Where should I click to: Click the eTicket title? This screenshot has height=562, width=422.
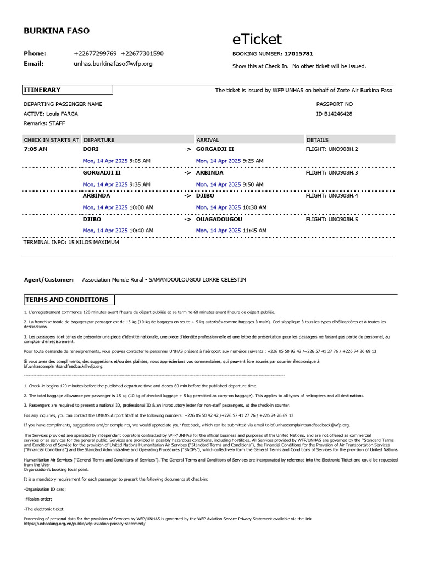pos(257,40)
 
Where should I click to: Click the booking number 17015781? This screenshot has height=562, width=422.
pos(298,54)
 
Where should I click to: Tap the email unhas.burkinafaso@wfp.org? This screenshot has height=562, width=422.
pos(113,64)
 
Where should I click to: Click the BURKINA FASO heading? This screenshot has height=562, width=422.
pos(57,31)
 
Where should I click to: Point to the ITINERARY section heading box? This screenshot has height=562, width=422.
pos(67,90)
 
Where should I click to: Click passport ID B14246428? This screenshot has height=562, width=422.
pos(334,114)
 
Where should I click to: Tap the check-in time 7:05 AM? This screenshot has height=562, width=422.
pos(36,149)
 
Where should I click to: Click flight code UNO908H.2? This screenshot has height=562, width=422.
pos(331,149)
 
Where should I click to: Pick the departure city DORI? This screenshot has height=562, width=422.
pos(90,149)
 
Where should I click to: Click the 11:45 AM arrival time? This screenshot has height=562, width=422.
pos(253,231)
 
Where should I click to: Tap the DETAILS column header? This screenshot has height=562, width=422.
pos(318,140)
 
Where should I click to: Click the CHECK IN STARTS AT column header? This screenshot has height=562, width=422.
pos(52,140)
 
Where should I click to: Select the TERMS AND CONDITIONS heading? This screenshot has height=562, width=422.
pos(66,300)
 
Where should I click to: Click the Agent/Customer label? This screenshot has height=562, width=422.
pos(49,280)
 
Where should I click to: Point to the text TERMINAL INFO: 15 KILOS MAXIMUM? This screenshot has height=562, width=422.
pos(71,242)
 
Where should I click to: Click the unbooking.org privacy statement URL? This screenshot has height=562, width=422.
pos(85,524)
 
